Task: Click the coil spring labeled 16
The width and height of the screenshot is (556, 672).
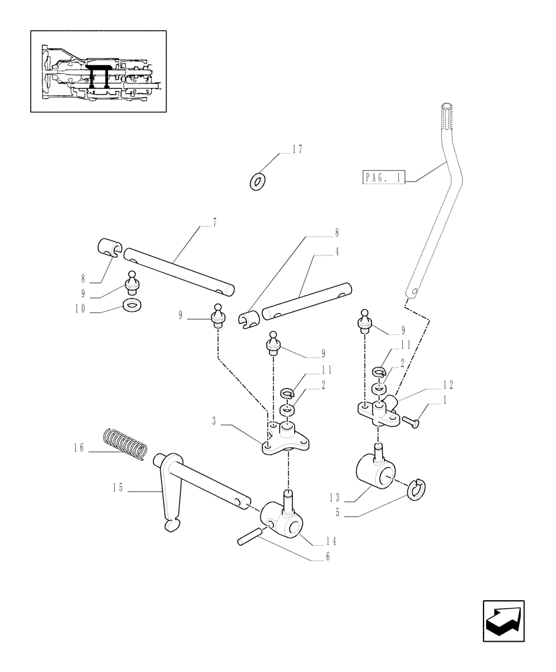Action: (128, 444)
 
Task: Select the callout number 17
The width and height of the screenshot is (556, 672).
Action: (296, 151)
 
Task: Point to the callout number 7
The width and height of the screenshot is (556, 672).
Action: (214, 221)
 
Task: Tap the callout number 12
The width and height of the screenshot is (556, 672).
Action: (448, 385)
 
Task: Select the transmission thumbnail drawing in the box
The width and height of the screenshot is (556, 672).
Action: (98, 71)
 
